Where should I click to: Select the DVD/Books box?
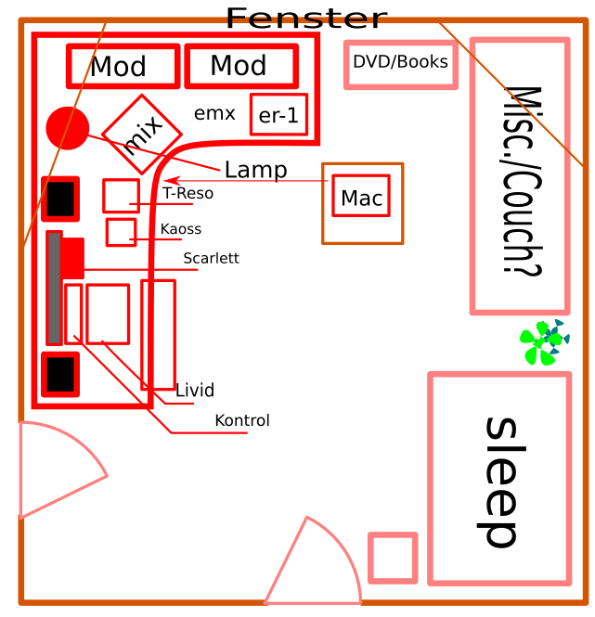(400, 64)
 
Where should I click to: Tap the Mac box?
(361, 197)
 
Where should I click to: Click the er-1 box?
(278, 115)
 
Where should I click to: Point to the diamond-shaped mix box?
(141, 135)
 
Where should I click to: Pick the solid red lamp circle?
(67, 127)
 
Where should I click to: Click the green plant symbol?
(541, 342)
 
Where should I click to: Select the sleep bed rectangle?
(499, 478)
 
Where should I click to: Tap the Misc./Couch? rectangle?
(520, 175)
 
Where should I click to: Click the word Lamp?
(255, 171)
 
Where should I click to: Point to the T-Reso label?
(188, 194)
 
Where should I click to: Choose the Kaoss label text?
(180, 229)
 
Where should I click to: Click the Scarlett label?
(211, 259)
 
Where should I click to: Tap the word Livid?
(195, 390)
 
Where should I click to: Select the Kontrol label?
(242, 421)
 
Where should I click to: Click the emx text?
(214, 114)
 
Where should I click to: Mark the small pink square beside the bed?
(393, 558)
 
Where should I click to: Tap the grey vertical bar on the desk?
(54, 289)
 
